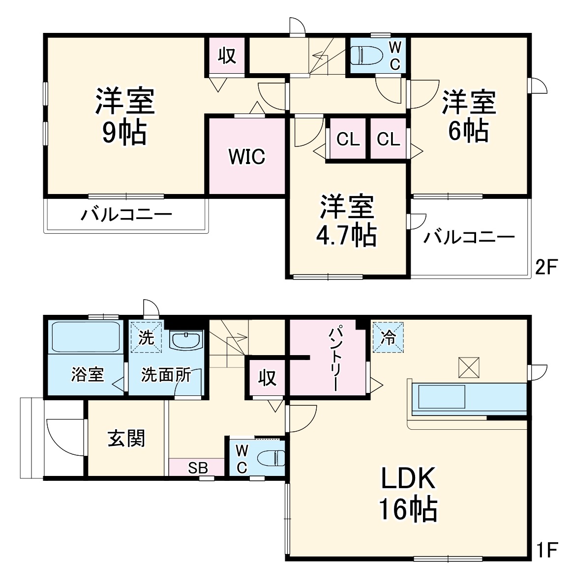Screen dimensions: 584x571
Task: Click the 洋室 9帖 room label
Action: pyautogui.click(x=124, y=116)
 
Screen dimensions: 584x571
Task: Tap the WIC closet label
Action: pyautogui.click(x=247, y=157)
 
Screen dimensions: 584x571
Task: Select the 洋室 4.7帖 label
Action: pyautogui.click(x=347, y=221)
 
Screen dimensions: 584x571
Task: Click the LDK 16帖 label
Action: pyautogui.click(x=408, y=494)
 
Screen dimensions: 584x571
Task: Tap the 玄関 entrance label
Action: pyautogui.click(x=126, y=438)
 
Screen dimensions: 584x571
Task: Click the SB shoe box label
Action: pyautogui.click(x=198, y=468)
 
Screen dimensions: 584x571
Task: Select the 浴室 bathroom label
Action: pyautogui.click(x=87, y=375)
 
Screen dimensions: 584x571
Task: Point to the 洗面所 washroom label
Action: pyautogui.click(x=166, y=375)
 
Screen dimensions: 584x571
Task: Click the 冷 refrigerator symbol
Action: pyautogui.click(x=388, y=337)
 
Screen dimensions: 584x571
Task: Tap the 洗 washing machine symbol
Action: pyautogui.click(x=146, y=337)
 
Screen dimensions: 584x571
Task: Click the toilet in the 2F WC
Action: pyautogui.click(x=366, y=55)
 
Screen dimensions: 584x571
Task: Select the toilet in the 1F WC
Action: pyautogui.click(x=271, y=458)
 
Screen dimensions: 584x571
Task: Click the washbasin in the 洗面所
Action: pyautogui.click(x=186, y=340)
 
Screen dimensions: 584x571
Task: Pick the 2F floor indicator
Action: pyautogui.click(x=546, y=268)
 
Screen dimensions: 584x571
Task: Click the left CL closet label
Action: pyautogui.click(x=348, y=139)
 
